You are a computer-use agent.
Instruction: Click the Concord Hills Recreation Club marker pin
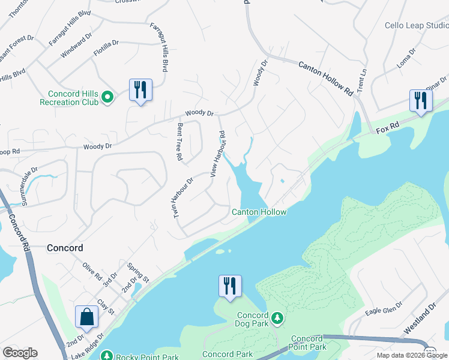pyautogui.click(x=107, y=96)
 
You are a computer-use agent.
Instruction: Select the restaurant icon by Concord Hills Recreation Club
pyautogui.click(x=140, y=90)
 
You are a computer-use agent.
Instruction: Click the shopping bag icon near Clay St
pyautogui.click(x=87, y=316)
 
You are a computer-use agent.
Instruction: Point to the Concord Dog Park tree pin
pyautogui.click(x=277, y=316)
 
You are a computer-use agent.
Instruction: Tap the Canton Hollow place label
pyautogui.click(x=259, y=212)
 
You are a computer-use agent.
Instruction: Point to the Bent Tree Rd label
pyautogui.click(x=179, y=142)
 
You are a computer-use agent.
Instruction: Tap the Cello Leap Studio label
pyautogui.click(x=417, y=26)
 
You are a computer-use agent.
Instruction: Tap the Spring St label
pyautogui.click(x=137, y=269)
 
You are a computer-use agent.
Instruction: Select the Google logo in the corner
pyautogui.click(x=20, y=353)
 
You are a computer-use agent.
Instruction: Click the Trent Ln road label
pyautogui.click(x=361, y=79)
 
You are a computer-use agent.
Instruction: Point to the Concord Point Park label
pyautogui.click(x=309, y=343)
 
